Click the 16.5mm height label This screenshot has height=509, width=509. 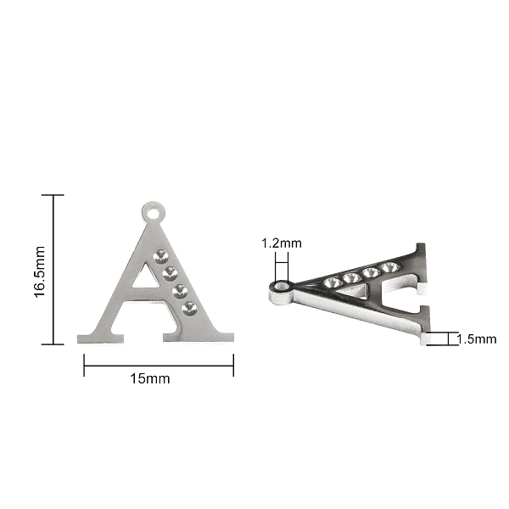(x=39, y=271)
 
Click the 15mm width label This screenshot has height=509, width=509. (x=150, y=379)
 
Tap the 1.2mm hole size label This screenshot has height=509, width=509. (x=282, y=243)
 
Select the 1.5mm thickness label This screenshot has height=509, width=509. (x=477, y=339)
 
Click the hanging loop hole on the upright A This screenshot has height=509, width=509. (x=154, y=214)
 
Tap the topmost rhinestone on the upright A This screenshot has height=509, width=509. (x=160, y=256)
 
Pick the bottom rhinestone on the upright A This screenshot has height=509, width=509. (x=189, y=309)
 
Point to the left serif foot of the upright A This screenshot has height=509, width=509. (x=100, y=338)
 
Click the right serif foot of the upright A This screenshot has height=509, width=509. (x=199, y=337)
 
